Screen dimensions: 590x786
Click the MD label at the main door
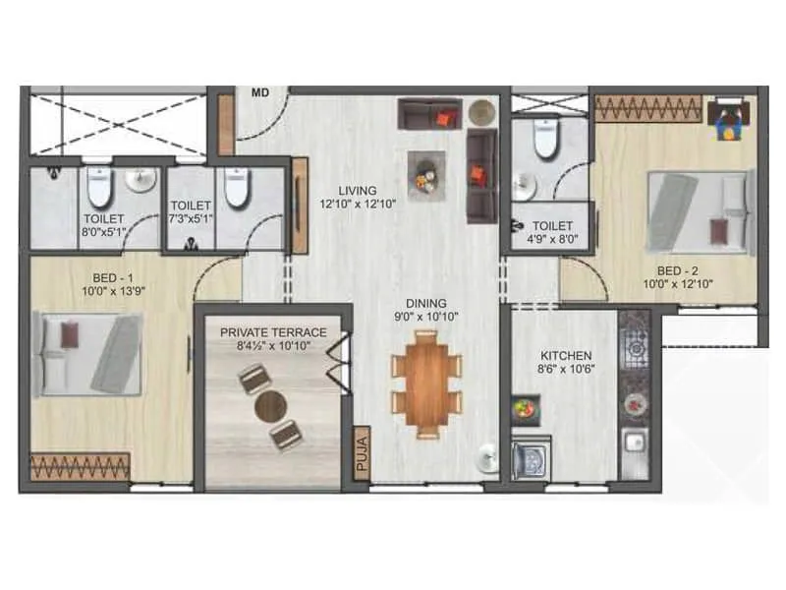click(260, 93)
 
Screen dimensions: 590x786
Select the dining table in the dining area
click(426, 383)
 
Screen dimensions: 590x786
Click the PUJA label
click(361, 454)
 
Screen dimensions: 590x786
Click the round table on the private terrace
click(270, 405)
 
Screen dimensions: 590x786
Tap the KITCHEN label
click(566, 355)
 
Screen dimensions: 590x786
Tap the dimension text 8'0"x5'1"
click(103, 233)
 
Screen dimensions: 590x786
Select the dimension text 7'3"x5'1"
click(189, 219)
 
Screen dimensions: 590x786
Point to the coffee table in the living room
click(426, 175)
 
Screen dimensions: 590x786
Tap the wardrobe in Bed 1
click(80, 465)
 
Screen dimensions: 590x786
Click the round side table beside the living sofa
click(480, 111)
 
